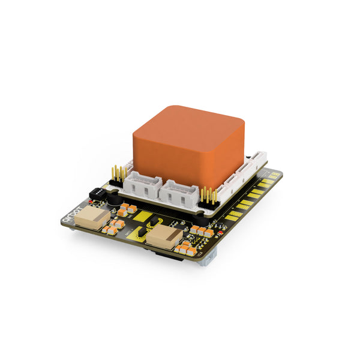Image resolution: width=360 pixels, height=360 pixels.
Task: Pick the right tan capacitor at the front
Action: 163,238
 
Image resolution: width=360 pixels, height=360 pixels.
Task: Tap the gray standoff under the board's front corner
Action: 206,260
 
